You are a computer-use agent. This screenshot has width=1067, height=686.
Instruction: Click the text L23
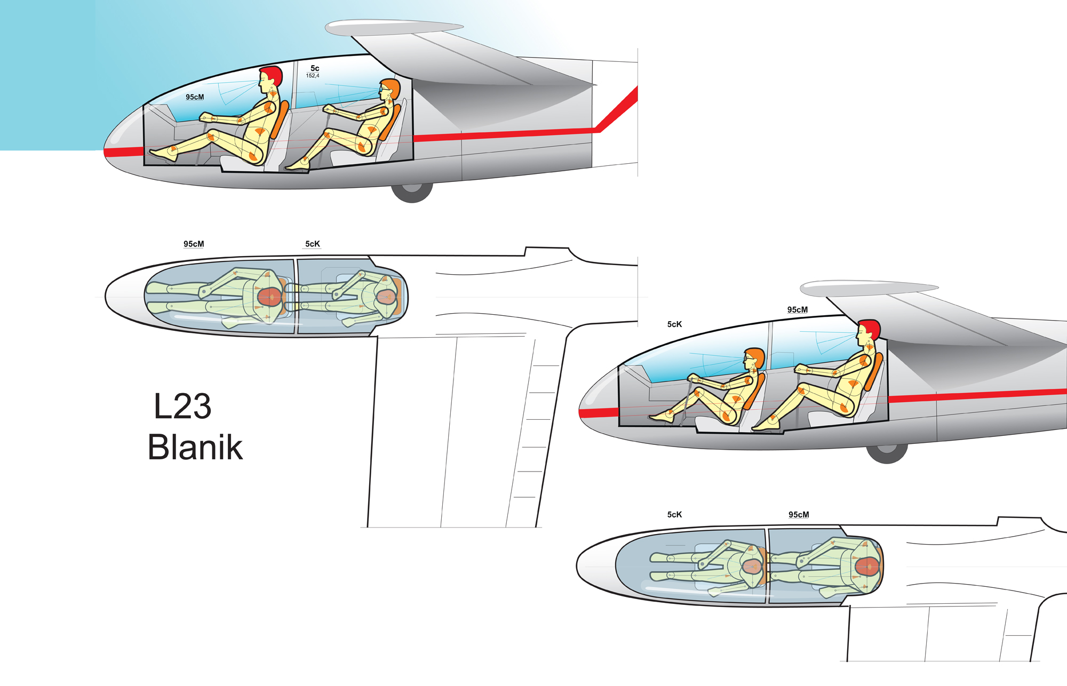(182, 406)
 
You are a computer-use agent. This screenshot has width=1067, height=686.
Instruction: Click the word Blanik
(195, 447)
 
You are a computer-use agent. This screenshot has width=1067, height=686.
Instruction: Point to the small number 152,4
(313, 76)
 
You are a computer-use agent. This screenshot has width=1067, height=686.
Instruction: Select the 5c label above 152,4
(315, 68)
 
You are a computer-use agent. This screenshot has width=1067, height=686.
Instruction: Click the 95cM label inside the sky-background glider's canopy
(195, 97)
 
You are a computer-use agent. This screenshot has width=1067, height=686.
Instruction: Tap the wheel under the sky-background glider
(411, 193)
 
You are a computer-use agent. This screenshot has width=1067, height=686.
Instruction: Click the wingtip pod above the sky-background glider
(394, 28)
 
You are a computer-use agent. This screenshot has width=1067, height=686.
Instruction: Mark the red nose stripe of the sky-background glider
(124, 152)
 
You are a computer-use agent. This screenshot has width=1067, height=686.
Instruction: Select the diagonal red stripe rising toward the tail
(617, 109)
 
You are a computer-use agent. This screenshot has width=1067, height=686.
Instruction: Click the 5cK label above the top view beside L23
(313, 244)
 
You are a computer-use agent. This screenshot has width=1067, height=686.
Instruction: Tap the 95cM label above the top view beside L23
(194, 244)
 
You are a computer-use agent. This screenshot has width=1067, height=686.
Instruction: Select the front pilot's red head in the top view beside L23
(269, 297)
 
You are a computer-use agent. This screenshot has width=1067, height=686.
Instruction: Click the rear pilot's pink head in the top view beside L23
(386, 297)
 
